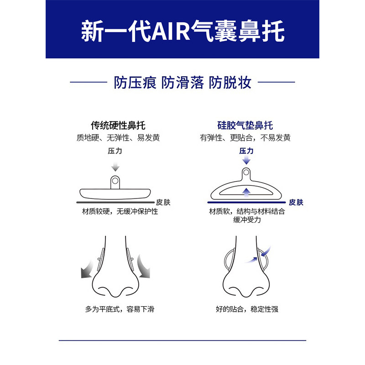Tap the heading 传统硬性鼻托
tap(118, 125)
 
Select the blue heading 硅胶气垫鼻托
tap(245, 125)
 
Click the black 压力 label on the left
tap(115, 151)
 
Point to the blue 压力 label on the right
tap(246, 151)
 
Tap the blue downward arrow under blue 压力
tap(246, 160)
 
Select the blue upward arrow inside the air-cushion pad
tap(246, 192)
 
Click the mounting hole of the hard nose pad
tap(115, 180)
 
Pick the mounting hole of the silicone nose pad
tap(246, 173)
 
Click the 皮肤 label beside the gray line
tap(163, 202)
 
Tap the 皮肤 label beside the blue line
tap(296, 202)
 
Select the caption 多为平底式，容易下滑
tap(120, 309)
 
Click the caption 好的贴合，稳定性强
tap(247, 309)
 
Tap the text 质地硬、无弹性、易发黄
tap(118, 138)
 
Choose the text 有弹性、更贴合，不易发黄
tap(245, 138)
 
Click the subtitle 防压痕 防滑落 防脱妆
tap(182, 83)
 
